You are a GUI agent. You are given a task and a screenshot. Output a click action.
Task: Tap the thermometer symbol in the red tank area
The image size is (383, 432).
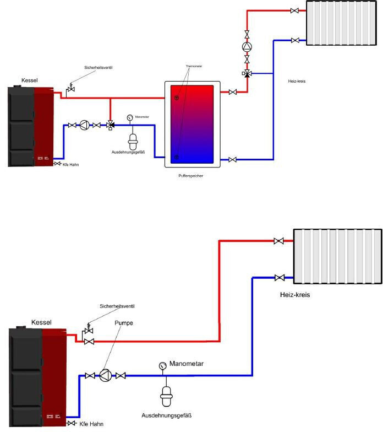click(x=177, y=98)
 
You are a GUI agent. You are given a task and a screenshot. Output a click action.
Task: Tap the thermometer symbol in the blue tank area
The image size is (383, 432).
click(x=177, y=157)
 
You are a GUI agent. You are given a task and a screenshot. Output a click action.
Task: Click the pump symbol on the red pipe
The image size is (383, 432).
click(x=247, y=46)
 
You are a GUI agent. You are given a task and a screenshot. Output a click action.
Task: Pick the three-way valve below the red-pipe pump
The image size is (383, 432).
click(x=247, y=73)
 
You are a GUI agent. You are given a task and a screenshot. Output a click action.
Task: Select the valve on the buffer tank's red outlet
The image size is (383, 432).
click(x=233, y=92)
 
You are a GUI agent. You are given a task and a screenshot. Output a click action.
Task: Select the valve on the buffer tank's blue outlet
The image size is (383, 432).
click(x=233, y=160)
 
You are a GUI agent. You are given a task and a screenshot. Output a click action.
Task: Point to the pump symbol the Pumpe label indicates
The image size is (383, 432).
click(x=106, y=376)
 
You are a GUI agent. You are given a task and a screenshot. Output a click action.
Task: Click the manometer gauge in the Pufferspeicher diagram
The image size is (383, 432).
click(x=129, y=117)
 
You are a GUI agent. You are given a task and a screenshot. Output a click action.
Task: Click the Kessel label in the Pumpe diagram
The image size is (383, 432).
click(x=42, y=321)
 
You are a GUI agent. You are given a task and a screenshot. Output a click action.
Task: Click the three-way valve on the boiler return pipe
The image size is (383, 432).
click(x=110, y=126)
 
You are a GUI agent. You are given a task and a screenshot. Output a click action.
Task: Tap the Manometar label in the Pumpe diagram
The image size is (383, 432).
click(x=187, y=364)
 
